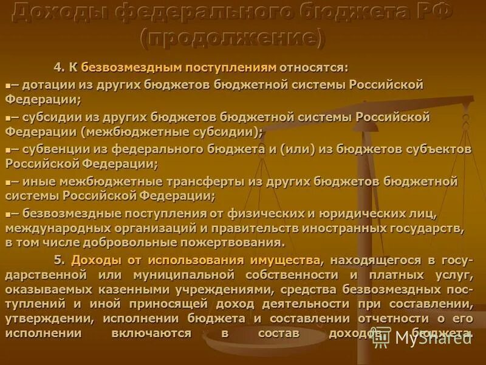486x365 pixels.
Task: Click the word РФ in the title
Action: click(x=431, y=12)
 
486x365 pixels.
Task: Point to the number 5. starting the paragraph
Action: click(x=60, y=260)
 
